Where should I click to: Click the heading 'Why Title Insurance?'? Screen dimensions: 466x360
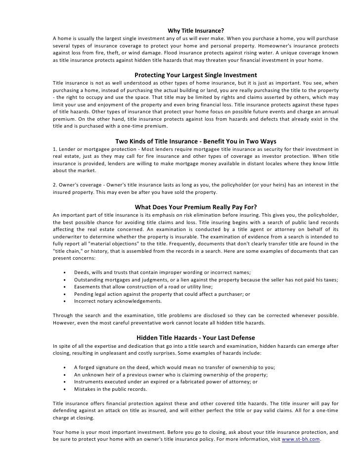tap(196, 29)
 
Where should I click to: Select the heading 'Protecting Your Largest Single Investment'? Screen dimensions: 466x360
tap(196, 75)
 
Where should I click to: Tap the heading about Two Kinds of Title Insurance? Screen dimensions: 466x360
tap(196, 141)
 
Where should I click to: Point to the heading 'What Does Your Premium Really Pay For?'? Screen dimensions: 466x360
tap(196, 207)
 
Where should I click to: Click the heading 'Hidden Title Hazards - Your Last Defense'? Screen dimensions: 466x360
tap(196, 338)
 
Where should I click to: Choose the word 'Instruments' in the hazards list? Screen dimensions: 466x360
tap(89, 382)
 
